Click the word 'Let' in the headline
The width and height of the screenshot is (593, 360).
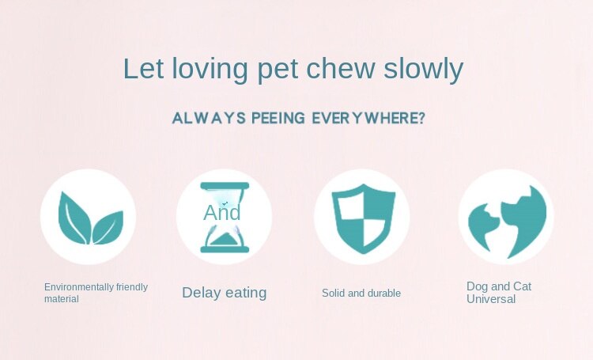coord(144,69)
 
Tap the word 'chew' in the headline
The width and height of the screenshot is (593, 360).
coord(340,69)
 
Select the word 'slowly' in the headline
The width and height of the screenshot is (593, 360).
coord(424,70)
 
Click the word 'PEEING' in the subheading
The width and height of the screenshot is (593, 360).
coord(278,118)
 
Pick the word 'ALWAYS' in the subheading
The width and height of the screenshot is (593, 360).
coord(209,118)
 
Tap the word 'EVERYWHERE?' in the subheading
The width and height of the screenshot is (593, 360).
coord(368,118)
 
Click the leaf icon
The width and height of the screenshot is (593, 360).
coord(91,218)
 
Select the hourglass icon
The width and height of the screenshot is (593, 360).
coord(225,218)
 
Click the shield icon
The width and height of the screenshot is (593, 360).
coord(364,218)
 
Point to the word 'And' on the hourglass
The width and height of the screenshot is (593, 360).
coord(222,212)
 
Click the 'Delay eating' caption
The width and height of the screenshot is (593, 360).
coord(225,293)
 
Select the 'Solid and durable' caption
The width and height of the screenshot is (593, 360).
coord(361,293)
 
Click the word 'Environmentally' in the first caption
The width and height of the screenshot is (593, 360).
coord(79,287)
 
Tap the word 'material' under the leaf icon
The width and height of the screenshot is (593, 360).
coord(62,298)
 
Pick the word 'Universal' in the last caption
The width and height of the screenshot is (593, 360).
coord(491,299)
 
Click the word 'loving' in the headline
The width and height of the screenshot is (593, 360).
coord(210,70)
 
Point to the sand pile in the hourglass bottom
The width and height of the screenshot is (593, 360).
coord(225,240)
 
